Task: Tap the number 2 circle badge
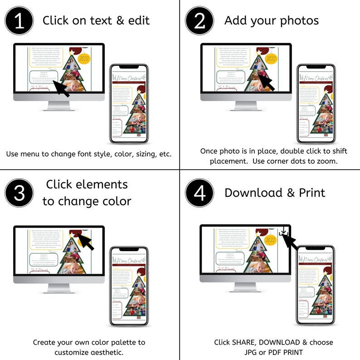click(199, 20)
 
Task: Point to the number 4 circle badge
click(199, 193)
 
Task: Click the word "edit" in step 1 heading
click(138, 20)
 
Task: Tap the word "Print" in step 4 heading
click(312, 193)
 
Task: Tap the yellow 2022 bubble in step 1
click(84, 58)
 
